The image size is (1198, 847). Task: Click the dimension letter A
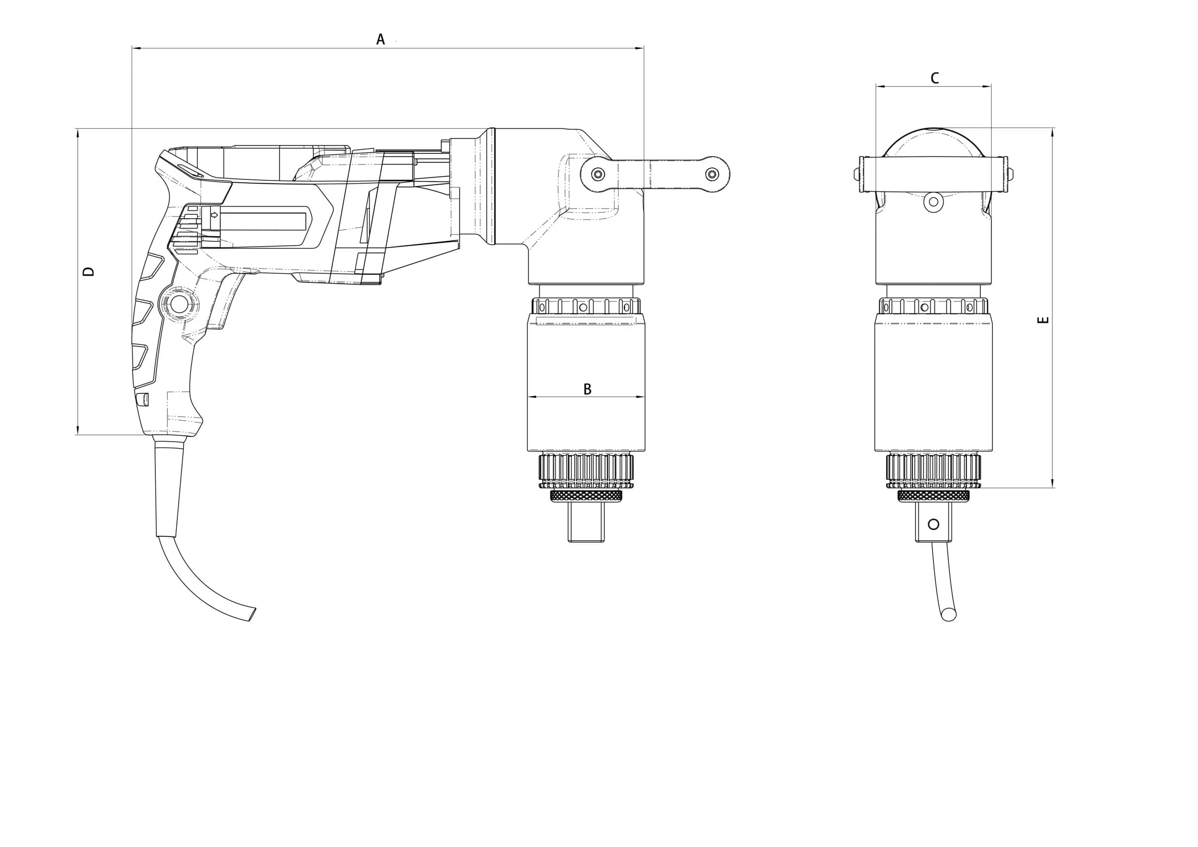coord(380,39)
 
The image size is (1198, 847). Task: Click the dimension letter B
coord(587,389)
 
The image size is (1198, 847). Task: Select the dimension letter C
coord(934,78)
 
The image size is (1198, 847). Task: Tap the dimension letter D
coord(89,271)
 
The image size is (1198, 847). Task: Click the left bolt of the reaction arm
coord(598,174)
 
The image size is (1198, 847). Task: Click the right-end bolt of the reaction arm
coord(712,174)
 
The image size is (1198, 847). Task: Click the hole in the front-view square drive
coord(933,524)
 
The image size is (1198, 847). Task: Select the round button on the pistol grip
coord(179,304)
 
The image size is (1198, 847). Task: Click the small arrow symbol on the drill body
coord(214,214)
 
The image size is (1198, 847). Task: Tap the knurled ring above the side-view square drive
coord(586,496)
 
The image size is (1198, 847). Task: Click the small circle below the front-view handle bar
coord(933,201)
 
